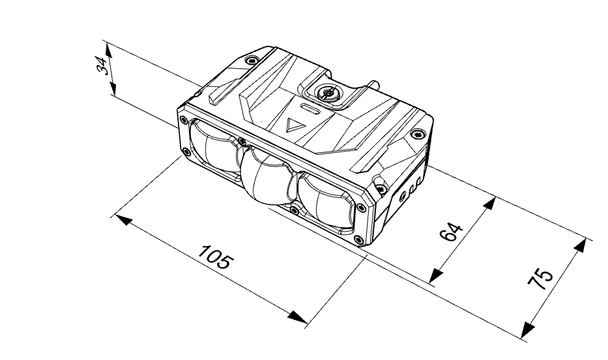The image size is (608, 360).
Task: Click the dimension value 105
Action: pos(215,257)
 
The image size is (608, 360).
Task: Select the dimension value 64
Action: pos(451,232)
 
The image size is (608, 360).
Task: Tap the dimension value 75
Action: pos(540,278)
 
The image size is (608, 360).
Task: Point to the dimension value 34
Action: pos(103,65)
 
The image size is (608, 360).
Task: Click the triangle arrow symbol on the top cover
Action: pos(293,125)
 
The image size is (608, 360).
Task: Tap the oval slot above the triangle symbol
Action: pos(311,109)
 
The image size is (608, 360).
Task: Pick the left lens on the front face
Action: pos(215,146)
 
